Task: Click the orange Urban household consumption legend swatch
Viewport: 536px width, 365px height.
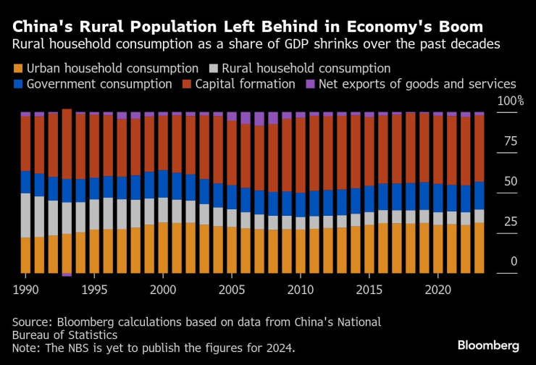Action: (17, 69)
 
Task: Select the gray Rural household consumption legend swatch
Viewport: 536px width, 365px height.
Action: (214, 69)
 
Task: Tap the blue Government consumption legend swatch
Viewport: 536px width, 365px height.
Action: (17, 84)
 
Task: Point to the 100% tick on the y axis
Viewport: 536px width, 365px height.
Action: (510, 101)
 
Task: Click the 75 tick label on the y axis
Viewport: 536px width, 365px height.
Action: (510, 141)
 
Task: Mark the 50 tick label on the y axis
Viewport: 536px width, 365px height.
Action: (510, 181)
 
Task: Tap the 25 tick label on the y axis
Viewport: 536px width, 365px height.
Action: (510, 222)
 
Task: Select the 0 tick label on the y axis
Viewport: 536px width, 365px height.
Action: (514, 261)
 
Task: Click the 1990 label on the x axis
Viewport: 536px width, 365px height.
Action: (25, 288)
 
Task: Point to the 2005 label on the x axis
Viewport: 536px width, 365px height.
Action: (231, 288)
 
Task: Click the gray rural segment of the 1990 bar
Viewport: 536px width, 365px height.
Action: (25, 215)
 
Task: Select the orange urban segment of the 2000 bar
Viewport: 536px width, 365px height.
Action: (163, 248)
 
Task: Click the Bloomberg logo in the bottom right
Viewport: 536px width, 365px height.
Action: (487, 345)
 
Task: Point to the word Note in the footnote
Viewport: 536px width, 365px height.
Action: (25, 348)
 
